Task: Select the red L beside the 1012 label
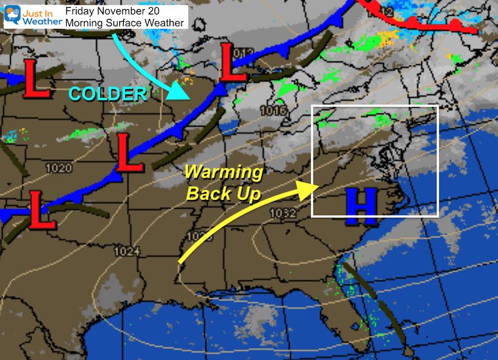(x=232, y=64)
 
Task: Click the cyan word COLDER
(x=107, y=94)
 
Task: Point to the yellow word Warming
(x=223, y=174)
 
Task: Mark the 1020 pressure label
(x=58, y=169)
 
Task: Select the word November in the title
(x=125, y=11)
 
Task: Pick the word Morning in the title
(x=85, y=23)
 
